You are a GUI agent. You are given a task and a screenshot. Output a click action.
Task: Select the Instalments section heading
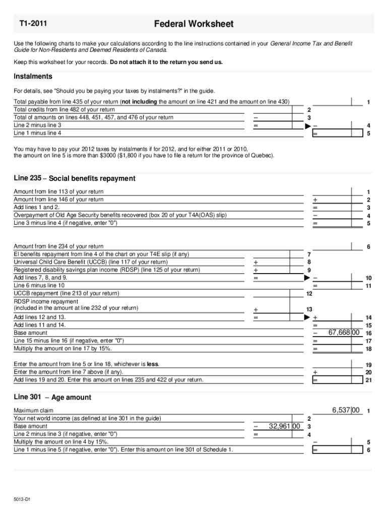tap(33, 77)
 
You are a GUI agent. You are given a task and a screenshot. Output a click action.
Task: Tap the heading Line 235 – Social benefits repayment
tap(75, 178)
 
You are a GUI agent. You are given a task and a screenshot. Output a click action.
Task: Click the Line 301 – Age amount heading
tap(52, 397)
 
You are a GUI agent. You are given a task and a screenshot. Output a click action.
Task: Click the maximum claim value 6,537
tap(346, 410)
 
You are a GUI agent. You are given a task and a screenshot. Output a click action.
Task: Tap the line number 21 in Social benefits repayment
tap(368, 380)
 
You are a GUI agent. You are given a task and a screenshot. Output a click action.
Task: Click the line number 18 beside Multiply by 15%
tap(368, 349)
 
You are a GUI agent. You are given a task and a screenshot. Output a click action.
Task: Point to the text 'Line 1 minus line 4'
tap(38, 133)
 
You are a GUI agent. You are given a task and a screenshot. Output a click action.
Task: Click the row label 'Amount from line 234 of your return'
tap(58, 246)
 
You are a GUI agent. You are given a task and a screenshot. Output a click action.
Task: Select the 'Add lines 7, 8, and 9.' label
tap(41, 278)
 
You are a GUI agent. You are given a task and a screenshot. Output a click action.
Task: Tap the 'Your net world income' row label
tap(87, 418)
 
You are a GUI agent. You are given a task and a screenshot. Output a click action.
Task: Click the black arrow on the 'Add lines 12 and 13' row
tap(307, 317)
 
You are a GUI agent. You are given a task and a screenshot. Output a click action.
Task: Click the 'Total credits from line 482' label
tap(64, 109)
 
